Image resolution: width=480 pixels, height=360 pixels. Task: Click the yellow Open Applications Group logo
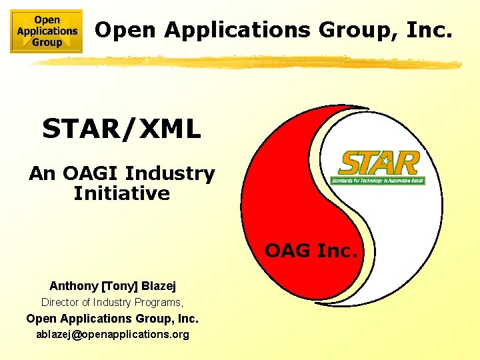click(x=47, y=31)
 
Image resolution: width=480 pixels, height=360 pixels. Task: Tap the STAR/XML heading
click(x=121, y=129)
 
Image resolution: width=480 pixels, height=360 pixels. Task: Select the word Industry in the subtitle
click(x=170, y=174)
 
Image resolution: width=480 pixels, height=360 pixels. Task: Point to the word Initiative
click(x=121, y=194)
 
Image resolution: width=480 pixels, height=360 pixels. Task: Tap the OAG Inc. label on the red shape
click(x=312, y=251)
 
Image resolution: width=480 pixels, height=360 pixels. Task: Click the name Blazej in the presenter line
click(x=158, y=286)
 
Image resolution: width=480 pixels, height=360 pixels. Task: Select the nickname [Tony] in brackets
click(x=119, y=286)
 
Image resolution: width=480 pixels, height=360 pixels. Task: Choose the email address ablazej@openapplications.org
click(x=113, y=334)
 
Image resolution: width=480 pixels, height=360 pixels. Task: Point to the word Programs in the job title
click(x=162, y=302)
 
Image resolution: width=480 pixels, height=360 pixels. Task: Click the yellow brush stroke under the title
click(x=247, y=62)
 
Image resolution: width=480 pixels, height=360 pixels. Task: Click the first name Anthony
click(x=73, y=286)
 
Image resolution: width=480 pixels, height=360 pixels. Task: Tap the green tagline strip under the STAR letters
click(x=378, y=180)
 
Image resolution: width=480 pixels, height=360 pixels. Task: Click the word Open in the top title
click(x=127, y=29)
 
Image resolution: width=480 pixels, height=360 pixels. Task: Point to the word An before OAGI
click(x=41, y=174)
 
